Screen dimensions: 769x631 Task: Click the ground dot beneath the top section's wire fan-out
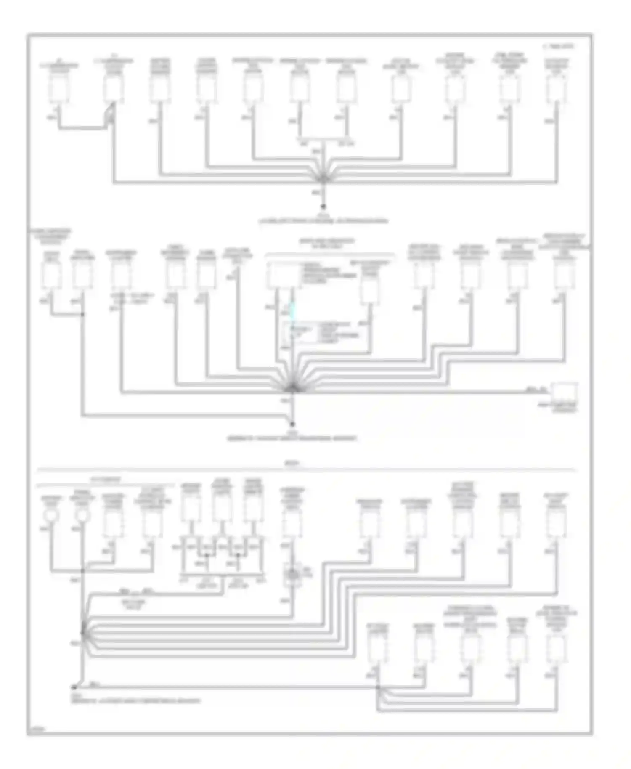click(323, 207)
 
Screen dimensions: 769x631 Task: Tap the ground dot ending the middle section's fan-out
click(292, 424)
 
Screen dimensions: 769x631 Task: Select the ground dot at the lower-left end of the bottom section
click(74, 687)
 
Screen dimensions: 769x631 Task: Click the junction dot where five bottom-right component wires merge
click(378, 687)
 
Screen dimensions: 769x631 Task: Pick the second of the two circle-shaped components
click(82, 515)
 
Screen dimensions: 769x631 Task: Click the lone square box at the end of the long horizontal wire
click(564, 392)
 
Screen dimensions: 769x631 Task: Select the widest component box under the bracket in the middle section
click(284, 276)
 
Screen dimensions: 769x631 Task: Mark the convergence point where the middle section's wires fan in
click(292, 389)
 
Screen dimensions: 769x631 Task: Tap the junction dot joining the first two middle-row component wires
click(82, 314)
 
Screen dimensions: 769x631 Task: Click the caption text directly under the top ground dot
click(323, 220)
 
